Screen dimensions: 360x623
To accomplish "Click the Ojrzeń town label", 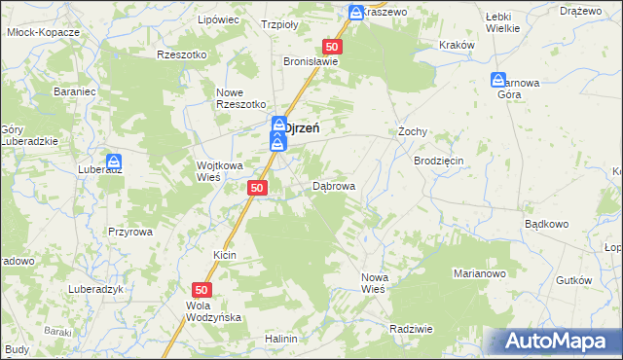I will pos(303,126).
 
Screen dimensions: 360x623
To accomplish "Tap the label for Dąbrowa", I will pos(334,185).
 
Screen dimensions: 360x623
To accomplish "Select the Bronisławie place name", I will pos(311,60).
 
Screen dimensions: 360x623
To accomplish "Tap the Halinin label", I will pos(280,339).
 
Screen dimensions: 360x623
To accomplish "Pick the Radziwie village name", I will pos(410,329).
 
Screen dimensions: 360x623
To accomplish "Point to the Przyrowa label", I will pos(130,232).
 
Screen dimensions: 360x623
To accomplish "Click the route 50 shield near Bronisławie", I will pos(332,47).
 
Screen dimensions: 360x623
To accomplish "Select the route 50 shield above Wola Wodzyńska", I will pos(202,289).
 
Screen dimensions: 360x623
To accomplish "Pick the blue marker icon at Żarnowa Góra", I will pos(498,81).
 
